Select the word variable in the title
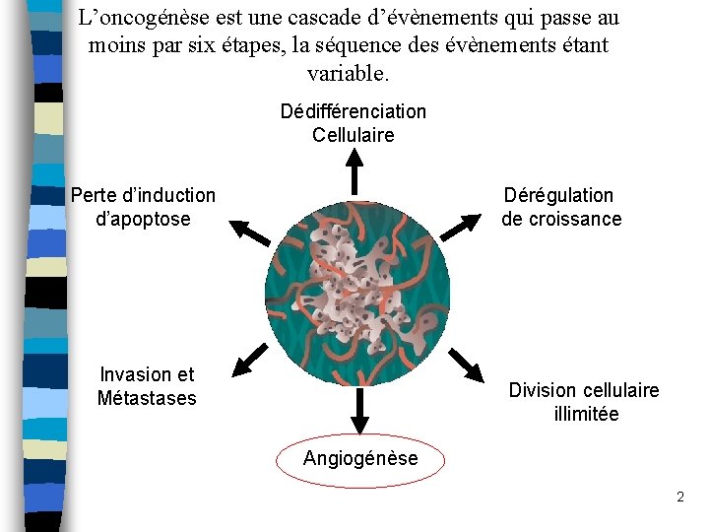coord(349,74)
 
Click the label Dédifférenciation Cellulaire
coord(353,123)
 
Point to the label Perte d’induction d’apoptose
coord(143,207)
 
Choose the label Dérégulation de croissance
coord(560,207)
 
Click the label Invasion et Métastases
coord(147,386)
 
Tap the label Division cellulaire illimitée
coord(584,402)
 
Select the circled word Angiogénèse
coord(360,458)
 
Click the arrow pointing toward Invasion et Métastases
coord(250,360)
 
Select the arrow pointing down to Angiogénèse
coord(359,409)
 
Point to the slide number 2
coord(679,498)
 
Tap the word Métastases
coord(147,398)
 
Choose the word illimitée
coord(586,414)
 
